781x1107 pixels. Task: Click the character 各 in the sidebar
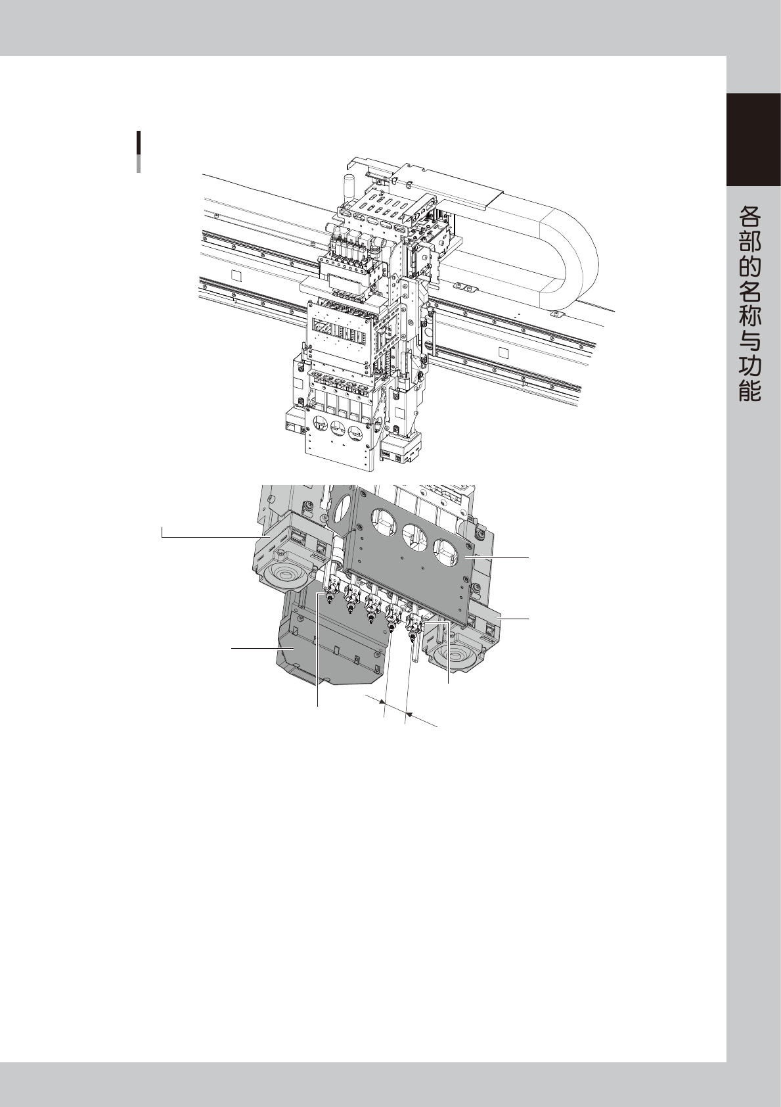(750, 216)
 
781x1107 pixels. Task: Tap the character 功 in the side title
(750, 365)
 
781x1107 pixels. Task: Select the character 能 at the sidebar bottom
(750, 390)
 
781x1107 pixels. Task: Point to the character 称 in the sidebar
(750, 316)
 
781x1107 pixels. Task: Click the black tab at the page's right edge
(753, 140)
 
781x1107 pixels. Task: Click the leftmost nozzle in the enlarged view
(328, 592)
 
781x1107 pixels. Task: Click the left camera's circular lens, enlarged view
(281, 576)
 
